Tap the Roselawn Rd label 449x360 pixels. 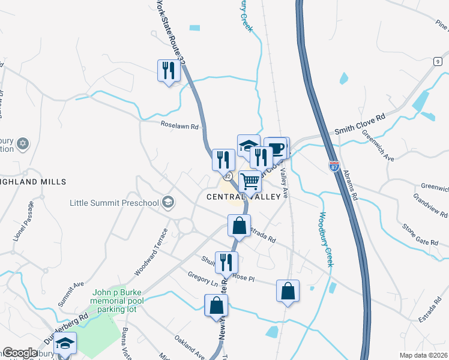coord(179,127)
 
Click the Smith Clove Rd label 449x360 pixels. coord(359,124)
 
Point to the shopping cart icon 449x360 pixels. coord(250,181)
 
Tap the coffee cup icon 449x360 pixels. coord(277,148)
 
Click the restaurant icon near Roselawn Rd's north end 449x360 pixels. coord(168,70)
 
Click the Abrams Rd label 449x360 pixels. coord(350,184)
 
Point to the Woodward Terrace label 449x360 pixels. coord(148,260)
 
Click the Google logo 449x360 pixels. coord(19,353)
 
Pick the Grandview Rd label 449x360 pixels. coord(430,206)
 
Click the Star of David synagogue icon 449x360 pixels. coord(23,143)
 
